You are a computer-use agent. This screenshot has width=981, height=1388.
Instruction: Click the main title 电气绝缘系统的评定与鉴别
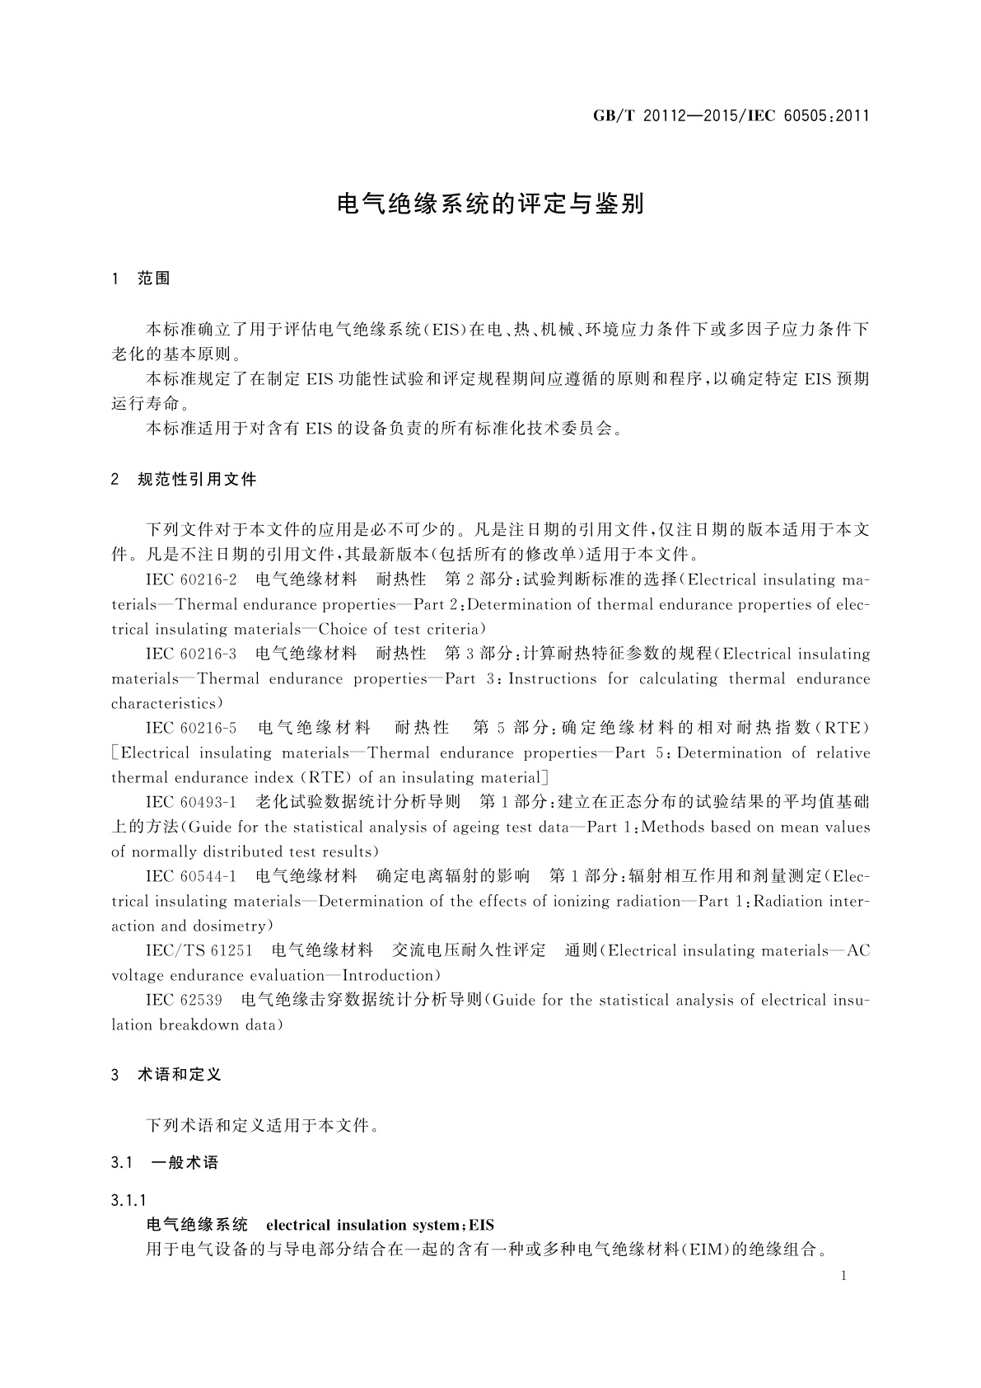click(x=490, y=204)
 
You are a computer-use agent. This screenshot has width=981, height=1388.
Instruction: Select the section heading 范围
click(x=154, y=279)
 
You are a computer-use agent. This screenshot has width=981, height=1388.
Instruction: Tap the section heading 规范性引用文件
click(x=197, y=479)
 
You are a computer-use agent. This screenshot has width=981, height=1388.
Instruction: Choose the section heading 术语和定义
click(x=180, y=1075)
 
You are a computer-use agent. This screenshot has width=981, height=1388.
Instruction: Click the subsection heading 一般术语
click(x=185, y=1163)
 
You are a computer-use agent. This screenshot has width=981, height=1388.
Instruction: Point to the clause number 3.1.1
click(x=129, y=1200)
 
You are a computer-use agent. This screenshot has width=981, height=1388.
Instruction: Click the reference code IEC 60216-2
click(x=191, y=579)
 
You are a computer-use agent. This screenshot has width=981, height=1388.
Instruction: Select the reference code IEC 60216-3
click(x=191, y=654)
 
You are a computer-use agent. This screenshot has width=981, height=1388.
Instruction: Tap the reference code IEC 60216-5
click(x=191, y=728)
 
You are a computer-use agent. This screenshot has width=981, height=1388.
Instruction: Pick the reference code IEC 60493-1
click(x=191, y=802)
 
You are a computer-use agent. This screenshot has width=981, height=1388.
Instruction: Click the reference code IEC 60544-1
click(x=191, y=876)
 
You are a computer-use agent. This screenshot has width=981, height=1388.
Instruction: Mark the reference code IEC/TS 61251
click(x=199, y=950)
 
